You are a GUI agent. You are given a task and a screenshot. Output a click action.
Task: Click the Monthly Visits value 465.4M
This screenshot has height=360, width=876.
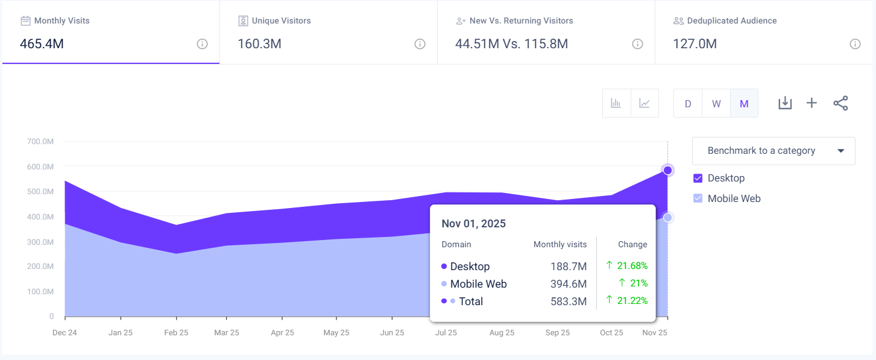(42, 44)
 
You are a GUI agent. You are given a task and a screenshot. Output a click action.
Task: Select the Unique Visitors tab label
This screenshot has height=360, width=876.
(281, 21)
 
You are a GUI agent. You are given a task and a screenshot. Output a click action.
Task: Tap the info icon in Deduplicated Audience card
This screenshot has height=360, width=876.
(854, 44)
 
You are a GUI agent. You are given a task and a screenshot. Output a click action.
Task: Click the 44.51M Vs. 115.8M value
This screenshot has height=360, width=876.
(512, 44)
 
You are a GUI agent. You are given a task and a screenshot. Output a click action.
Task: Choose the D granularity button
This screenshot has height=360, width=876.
(688, 103)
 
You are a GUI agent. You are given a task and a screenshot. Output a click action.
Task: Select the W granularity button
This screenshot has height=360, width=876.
(716, 103)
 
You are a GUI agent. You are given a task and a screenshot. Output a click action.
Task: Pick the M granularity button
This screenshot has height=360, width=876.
(744, 103)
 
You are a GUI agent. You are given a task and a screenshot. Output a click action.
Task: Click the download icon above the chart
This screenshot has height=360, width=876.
(784, 103)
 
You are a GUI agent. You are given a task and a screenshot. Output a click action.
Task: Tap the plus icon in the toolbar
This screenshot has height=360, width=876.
(811, 103)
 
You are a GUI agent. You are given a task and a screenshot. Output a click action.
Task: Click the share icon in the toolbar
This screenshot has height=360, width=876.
(840, 103)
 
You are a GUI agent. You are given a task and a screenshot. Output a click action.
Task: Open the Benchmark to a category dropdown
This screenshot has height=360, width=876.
(774, 151)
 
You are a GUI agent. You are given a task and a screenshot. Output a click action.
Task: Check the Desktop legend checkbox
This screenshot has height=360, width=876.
(698, 178)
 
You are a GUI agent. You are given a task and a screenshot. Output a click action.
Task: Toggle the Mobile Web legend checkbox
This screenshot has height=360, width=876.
(698, 198)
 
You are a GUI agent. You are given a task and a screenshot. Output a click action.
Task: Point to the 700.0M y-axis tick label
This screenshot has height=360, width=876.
(40, 141)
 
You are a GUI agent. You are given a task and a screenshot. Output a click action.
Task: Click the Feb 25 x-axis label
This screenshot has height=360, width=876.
(176, 333)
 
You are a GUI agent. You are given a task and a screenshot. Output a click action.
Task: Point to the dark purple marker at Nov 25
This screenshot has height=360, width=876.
(667, 170)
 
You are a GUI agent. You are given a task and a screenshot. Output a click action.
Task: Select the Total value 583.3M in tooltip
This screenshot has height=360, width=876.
(569, 302)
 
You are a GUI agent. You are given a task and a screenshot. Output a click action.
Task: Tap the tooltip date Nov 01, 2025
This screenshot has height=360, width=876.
(473, 224)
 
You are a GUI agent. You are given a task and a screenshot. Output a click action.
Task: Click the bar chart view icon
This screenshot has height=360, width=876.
(616, 103)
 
